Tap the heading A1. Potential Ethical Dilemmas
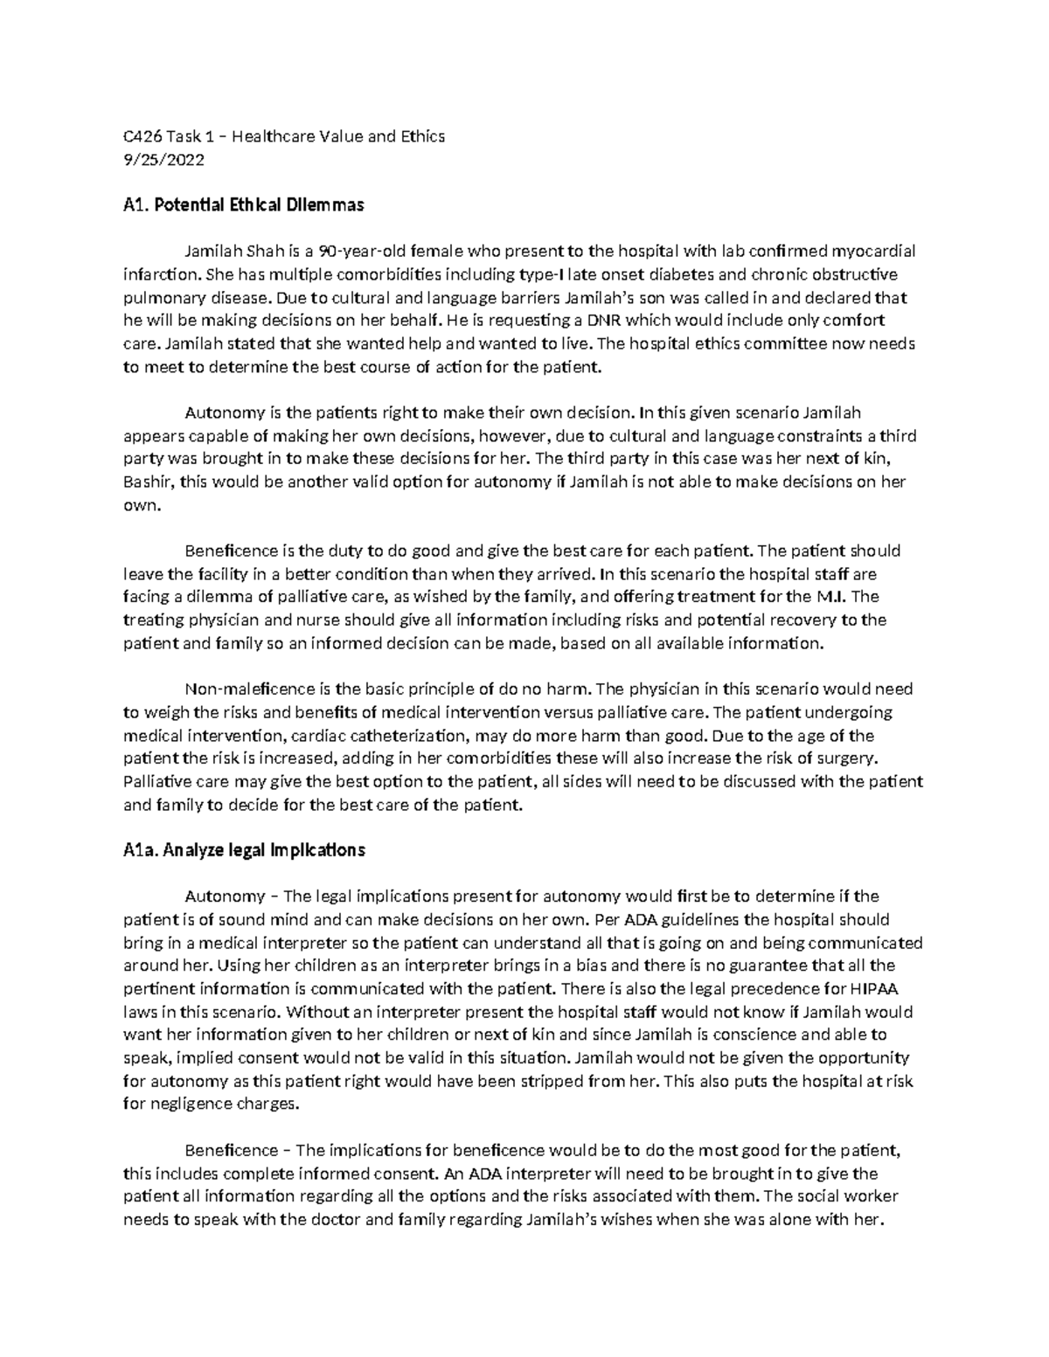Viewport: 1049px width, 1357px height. point(244,206)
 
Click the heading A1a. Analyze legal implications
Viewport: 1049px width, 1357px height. point(244,849)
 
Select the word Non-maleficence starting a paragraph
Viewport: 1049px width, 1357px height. point(237,689)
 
